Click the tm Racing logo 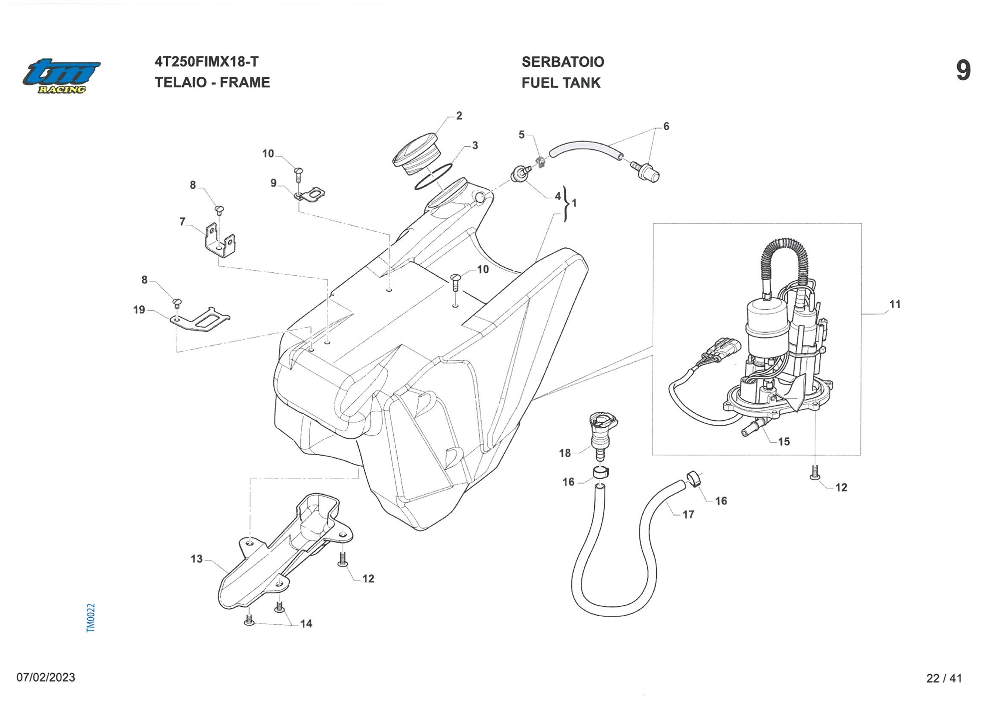(x=61, y=76)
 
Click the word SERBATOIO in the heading (x=562, y=62)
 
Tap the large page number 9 (x=963, y=70)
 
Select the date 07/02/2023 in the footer (x=46, y=677)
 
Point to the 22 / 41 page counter (x=944, y=678)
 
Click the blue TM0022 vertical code (x=90, y=618)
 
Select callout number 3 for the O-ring (x=475, y=145)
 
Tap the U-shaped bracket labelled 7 (x=220, y=240)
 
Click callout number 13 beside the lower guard (x=197, y=559)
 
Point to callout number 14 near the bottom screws (x=306, y=623)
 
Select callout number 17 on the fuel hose (x=688, y=514)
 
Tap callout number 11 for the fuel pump (x=895, y=304)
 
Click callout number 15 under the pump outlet (x=783, y=441)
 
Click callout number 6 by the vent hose (x=666, y=127)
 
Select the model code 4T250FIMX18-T (x=207, y=62)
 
